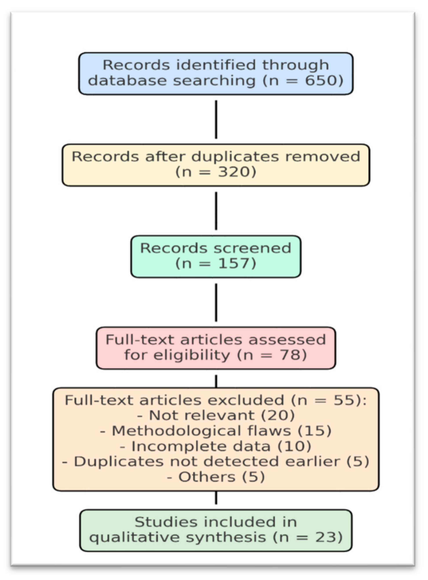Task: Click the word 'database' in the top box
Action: pos(127,81)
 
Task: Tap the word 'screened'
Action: pos(252,248)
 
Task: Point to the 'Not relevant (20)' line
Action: pos(216,416)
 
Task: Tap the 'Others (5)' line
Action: pos(216,477)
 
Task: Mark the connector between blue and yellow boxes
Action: pos(216,119)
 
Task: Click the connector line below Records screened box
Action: pos(216,303)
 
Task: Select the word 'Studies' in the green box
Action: pos(166,522)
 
